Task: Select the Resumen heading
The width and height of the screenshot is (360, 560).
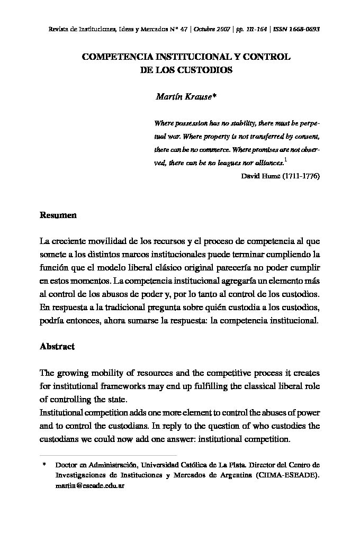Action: click(58, 215)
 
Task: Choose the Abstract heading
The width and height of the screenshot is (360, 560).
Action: click(57, 347)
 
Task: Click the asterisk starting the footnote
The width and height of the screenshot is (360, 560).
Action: click(44, 465)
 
